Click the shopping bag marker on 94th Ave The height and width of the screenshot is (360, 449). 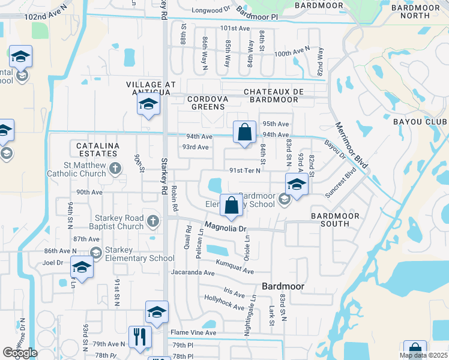(x=244, y=133)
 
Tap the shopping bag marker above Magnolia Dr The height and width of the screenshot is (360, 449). (x=231, y=206)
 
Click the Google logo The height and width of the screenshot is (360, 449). (x=20, y=353)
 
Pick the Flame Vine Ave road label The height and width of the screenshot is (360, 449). (x=193, y=332)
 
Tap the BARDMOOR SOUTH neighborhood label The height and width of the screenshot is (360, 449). (x=335, y=220)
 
